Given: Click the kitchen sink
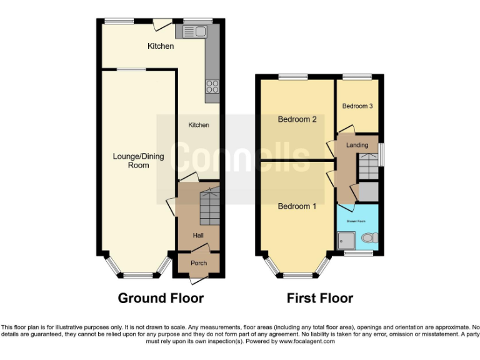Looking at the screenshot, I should point(194,31).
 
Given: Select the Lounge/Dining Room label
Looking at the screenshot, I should point(139,161).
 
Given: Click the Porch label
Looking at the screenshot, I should point(199,263).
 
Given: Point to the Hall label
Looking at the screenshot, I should point(198,236).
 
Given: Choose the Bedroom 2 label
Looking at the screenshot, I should point(297,119).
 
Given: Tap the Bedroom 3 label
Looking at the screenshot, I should point(357,106).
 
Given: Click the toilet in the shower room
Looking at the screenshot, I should point(369,238).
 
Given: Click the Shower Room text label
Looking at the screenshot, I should point(356,221).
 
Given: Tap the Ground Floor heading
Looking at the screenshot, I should point(161,298).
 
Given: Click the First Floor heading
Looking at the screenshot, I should point(319,298).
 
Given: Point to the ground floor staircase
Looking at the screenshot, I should point(209,209).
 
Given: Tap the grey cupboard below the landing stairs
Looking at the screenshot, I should point(369,191).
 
